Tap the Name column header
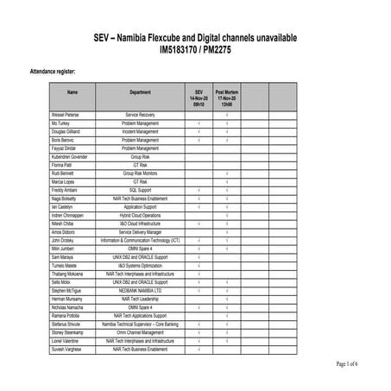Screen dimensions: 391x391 [x=73, y=91]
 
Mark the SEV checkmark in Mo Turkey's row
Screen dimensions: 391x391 [x=199, y=123]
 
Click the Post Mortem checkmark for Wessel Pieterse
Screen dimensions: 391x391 [x=227, y=114]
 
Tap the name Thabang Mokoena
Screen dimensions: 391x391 [x=69, y=274]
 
